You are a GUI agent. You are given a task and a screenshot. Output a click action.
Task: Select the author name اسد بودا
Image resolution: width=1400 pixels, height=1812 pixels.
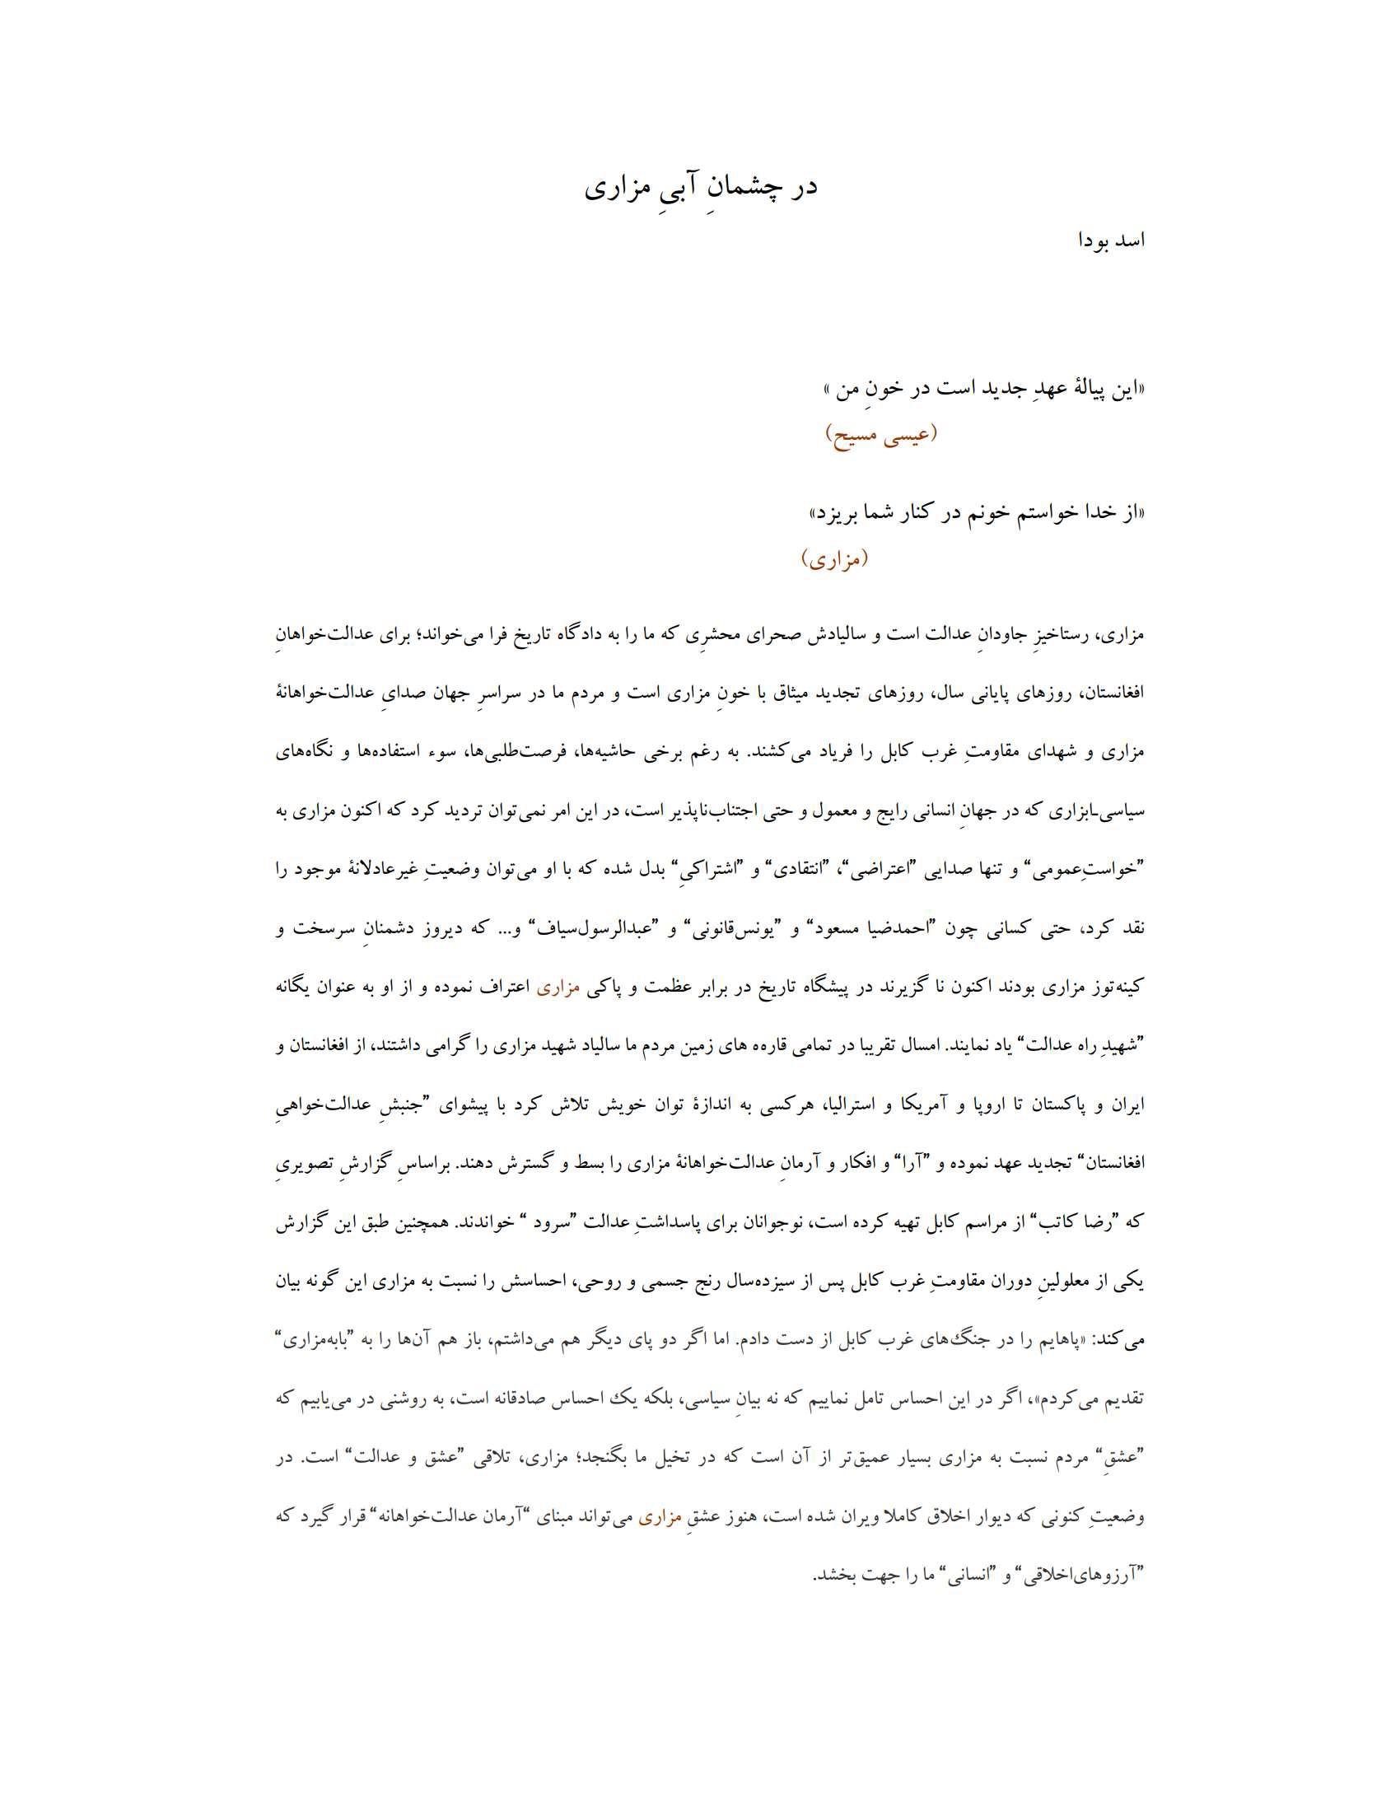point(1111,241)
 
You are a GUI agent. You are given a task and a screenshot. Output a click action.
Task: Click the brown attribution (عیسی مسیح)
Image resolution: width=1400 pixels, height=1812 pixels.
point(882,434)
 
